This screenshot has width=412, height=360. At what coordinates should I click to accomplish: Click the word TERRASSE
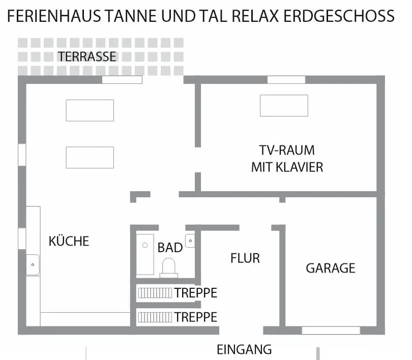pyautogui.click(x=87, y=56)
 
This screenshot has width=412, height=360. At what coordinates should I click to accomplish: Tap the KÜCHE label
pyautogui.click(x=69, y=241)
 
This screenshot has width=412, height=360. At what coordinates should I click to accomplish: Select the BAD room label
pyautogui.click(x=170, y=248)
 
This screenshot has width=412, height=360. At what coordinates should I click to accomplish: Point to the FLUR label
pyautogui.click(x=245, y=258)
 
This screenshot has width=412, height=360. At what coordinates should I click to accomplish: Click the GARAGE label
pyautogui.click(x=331, y=268)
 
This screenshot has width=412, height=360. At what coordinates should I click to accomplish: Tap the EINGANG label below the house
pyautogui.click(x=244, y=349)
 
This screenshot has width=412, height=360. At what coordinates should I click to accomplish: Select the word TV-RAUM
pyautogui.click(x=287, y=150)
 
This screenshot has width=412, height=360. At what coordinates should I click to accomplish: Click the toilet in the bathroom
pyautogui.click(x=169, y=268)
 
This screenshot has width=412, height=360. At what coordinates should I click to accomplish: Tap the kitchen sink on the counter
pyautogui.click(x=33, y=265)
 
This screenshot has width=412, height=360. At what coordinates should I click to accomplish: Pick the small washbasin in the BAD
pyautogui.click(x=190, y=241)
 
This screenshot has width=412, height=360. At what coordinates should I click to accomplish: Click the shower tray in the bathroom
pyautogui.click(x=145, y=254)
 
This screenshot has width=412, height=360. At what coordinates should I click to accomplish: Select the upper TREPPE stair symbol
pyautogui.click(x=155, y=293)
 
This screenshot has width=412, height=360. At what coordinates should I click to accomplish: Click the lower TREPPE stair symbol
pyautogui.click(x=155, y=317)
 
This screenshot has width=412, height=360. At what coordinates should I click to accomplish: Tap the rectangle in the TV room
pyautogui.click(x=284, y=106)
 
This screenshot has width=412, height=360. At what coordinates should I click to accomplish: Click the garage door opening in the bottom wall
pyautogui.click(x=331, y=331)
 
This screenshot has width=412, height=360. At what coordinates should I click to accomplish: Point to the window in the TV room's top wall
pyautogui.click(x=286, y=79)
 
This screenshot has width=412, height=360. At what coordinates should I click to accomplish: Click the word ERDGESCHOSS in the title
pyautogui.click(x=339, y=16)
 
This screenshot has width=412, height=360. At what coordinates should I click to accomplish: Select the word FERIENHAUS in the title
pyautogui.click(x=54, y=16)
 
